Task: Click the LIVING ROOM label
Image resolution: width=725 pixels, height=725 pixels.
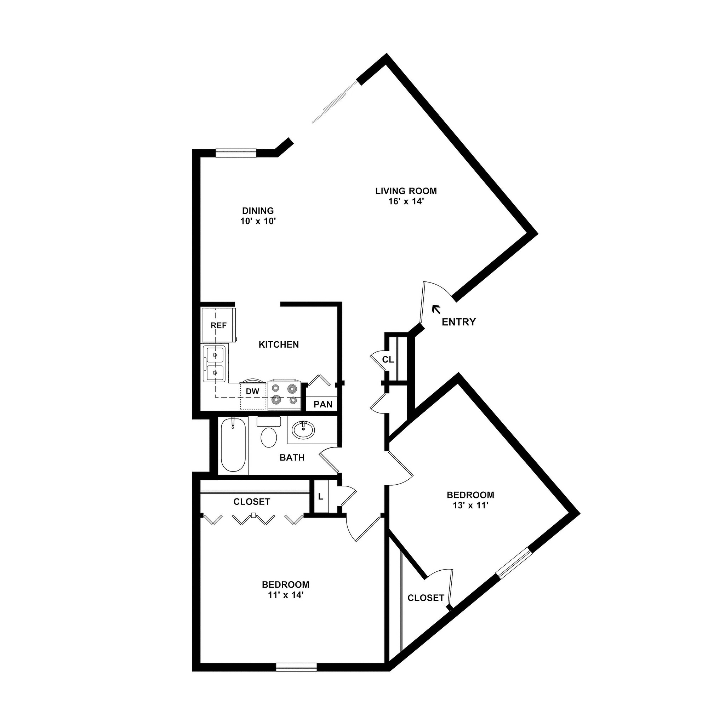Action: point(406,191)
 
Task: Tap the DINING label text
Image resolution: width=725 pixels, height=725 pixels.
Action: point(258,211)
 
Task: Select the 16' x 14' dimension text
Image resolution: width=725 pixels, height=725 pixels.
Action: point(406,201)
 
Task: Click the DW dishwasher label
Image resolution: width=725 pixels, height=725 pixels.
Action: point(252,392)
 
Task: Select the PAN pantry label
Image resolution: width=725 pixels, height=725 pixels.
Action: point(323,404)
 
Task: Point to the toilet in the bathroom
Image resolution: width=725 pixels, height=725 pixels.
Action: point(269,434)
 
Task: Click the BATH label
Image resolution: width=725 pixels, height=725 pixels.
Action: point(292,457)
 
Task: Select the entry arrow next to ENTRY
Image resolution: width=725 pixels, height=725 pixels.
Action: point(436,309)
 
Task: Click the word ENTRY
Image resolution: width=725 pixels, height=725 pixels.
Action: point(458,322)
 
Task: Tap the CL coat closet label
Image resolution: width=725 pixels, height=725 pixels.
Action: point(388,360)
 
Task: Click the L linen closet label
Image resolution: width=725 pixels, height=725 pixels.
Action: point(320,497)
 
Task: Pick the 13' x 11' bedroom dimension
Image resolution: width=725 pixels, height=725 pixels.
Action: point(470,506)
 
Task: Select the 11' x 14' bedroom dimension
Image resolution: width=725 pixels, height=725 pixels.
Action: point(285,595)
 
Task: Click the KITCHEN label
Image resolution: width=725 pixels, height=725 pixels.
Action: point(279,344)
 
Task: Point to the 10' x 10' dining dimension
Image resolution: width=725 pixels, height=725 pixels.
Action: point(258,221)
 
